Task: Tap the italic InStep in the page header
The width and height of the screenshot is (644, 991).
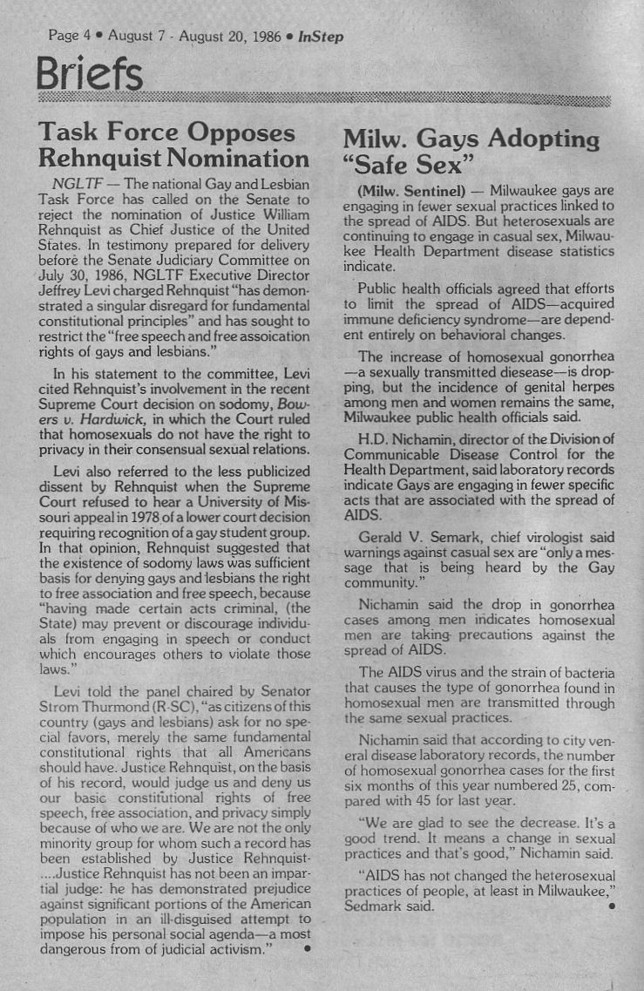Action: [320, 37]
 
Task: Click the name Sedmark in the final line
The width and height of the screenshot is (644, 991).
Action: [373, 906]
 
